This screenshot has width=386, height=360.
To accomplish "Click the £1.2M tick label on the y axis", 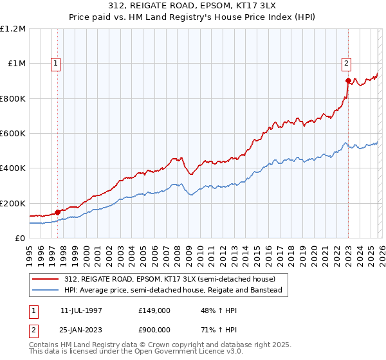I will [x=14, y=29].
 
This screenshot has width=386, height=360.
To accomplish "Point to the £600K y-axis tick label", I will [x=14, y=134].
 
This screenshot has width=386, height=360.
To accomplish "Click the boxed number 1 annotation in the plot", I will [x=57, y=63].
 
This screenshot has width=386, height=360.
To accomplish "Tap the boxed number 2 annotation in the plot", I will [x=347, y=63].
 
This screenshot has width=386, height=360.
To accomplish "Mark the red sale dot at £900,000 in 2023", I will [x=348, y=81].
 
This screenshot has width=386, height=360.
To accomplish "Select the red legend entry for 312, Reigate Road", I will [x=170, y=279].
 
